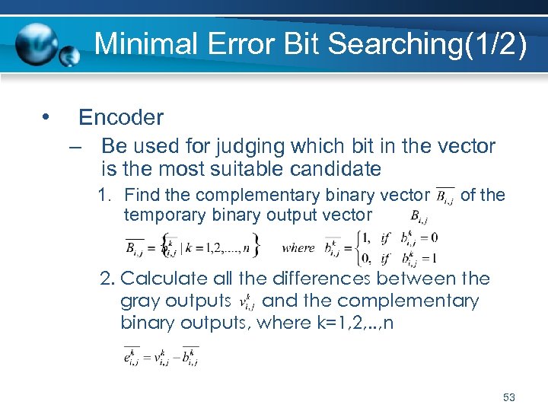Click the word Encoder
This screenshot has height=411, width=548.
121,117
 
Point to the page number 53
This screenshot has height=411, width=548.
509,397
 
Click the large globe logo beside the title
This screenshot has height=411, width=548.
36,44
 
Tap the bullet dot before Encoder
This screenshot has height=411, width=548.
47,116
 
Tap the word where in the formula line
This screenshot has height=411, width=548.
298,247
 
